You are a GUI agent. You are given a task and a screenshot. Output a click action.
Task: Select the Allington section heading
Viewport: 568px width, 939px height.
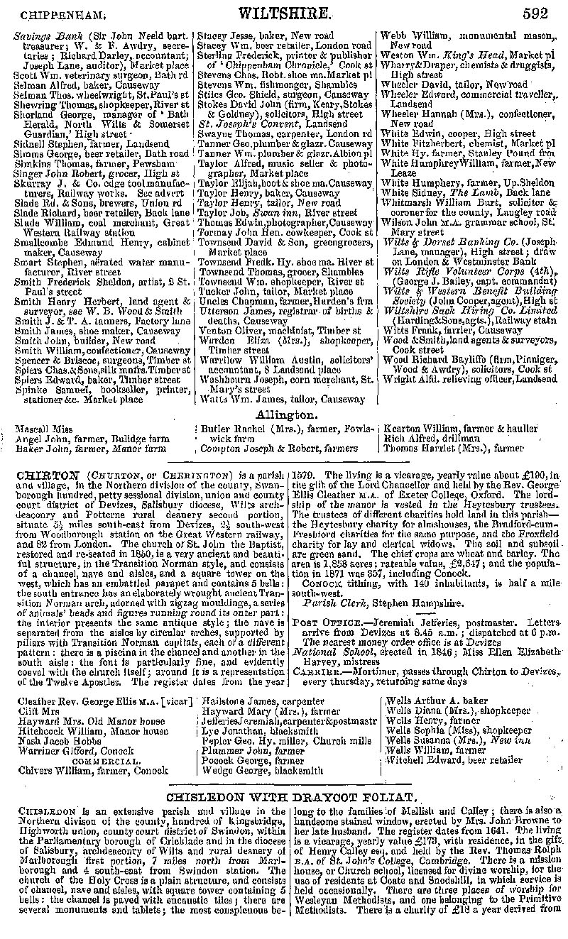[x=286, y=414]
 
